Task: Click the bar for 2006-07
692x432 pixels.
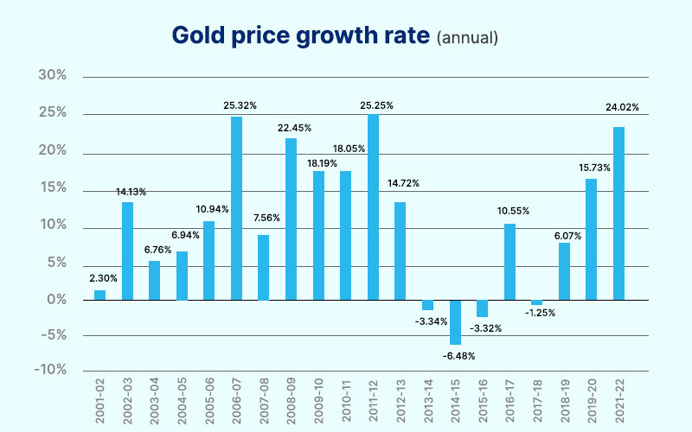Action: (x=236, y=208)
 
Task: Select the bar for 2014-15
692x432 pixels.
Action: (x=455, y=322)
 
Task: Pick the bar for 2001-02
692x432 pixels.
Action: (x=100, y=295)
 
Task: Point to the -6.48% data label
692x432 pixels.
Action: (x=455, y=355)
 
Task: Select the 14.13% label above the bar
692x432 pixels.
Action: (x=128, y=192)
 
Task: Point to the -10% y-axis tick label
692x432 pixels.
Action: (x=50, y=370)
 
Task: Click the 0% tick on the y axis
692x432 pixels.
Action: (x=57, y=300)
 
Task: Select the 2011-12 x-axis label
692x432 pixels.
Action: (x=374, y=401)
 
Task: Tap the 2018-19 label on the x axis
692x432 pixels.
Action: (x=565, y=401)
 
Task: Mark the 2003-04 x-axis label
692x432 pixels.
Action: (x=155, y=401)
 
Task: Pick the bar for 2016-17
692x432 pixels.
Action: (x=509, y=262)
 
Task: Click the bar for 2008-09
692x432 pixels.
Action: (x=292, y=219)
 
